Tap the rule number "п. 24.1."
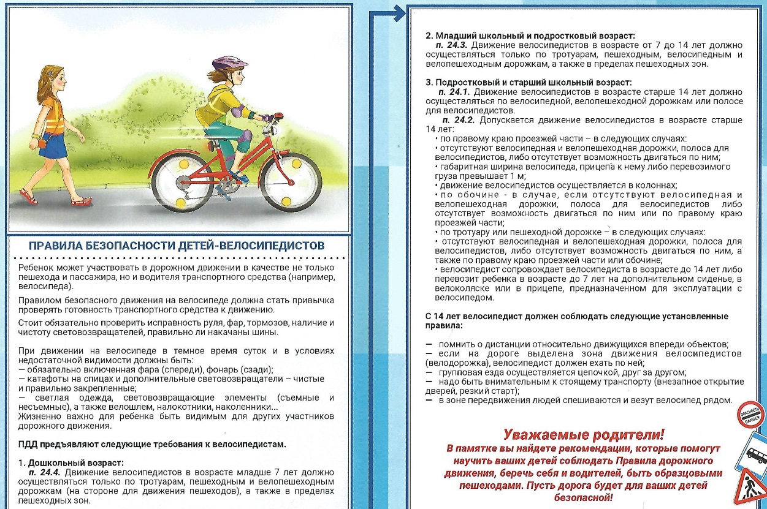click(449, 91)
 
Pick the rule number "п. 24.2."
click(460, 120)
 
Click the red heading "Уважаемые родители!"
click(583, 435)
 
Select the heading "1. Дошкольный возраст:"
click(71, 462)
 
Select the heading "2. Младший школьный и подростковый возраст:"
click(530, 36)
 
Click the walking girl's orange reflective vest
click(53, 117)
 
